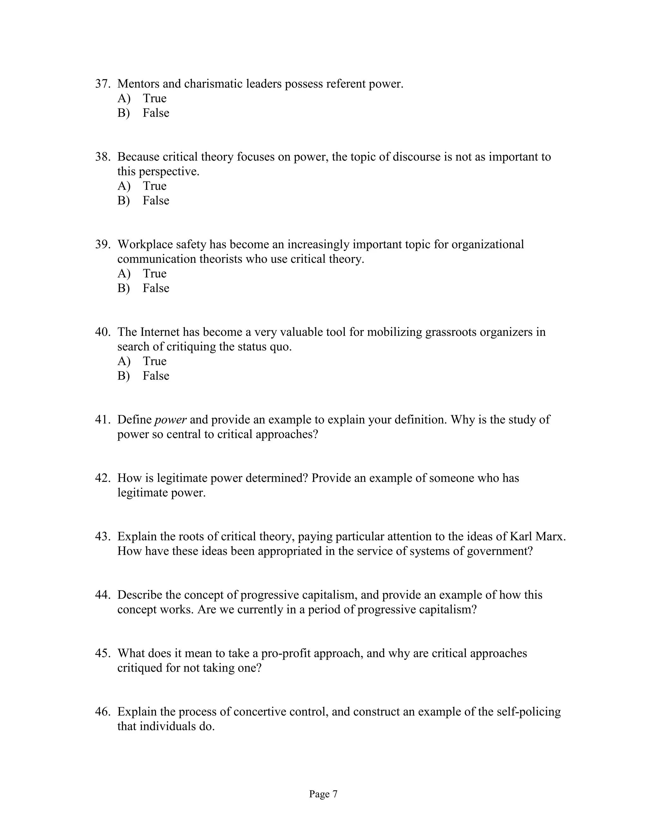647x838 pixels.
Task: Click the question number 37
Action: pyautogui.click(x=102, y=84)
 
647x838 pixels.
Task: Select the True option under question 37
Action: pyautogui.click(x=154, y=98)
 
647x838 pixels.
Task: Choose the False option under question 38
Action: pyautogui.click(x=156, y=200)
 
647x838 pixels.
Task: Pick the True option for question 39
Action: pyautogui.click(x=154, y=274)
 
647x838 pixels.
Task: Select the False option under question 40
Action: pyautogui.click(x=156, y=376)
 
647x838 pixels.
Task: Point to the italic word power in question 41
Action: pyautogui.click(x=170, y=420)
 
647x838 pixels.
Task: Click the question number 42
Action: pyautogui.click(x=102, y=478)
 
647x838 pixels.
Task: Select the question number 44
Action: pyautogui.click(x=102, y=595)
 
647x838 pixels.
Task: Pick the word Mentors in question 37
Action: pyautogui.click(x=138, y=84)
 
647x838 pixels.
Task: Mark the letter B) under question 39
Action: pyautogui.click(x=124, y=288)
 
